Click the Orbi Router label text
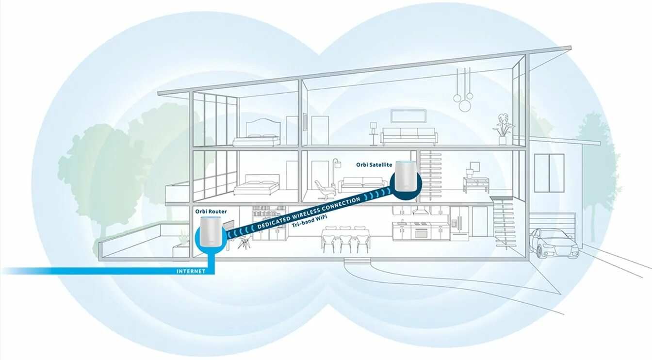click(211, 212)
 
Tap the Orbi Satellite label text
click(374, 165)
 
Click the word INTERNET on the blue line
click(191, 271)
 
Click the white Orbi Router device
click(211, 233)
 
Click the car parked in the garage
click(553, 243)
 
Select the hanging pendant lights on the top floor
click(463, 90)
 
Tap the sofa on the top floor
click(408, 136)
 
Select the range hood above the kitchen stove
click(420, 211)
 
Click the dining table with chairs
click(345, 238)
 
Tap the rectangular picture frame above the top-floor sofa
click(408, 115)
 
